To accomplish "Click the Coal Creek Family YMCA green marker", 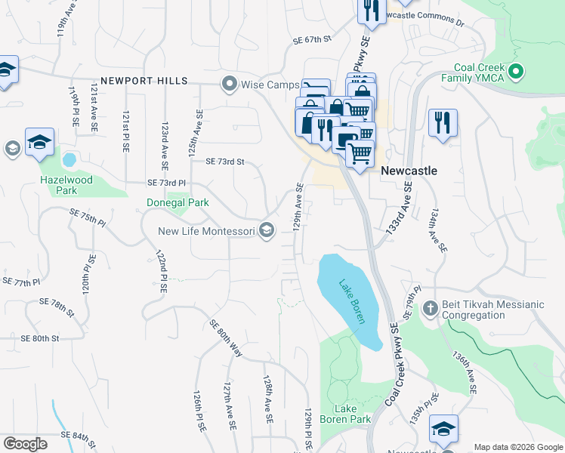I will coord(517,72).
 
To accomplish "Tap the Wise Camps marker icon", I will coord(229,84).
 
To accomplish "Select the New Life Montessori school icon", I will coord(266,231).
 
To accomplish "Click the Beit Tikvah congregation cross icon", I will coord(431,309).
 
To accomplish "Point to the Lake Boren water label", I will coord(350,299).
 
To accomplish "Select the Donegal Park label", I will coord(178,202).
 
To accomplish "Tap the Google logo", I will coord(25,444).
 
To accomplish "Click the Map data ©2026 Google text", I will coord(517,446).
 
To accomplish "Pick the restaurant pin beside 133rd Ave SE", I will coord(442,123).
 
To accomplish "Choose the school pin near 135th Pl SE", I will coord(443,429).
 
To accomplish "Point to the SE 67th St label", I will coord(313,41).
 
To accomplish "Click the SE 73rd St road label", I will coord(225,162).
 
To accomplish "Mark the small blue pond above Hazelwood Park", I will coord(69,160).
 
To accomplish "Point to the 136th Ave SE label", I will coord(464,372).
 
